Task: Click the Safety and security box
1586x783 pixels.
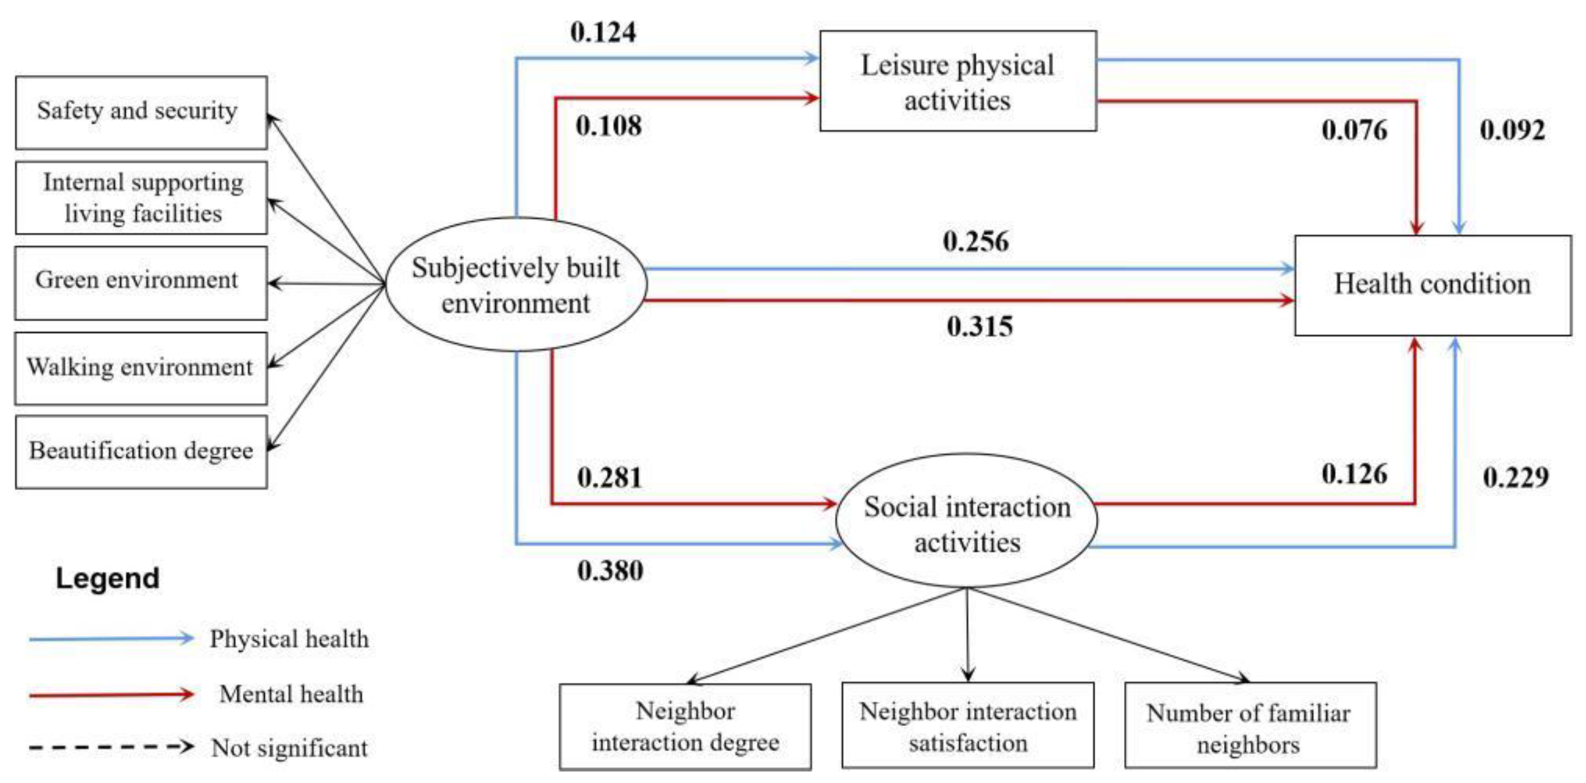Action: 141,113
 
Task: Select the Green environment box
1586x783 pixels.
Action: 141,283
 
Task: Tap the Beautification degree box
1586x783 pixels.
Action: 141,452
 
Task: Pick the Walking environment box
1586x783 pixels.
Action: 141,368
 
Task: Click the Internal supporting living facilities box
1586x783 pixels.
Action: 141,198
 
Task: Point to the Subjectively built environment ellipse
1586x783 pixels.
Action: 516,285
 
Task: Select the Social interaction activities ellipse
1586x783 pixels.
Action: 966,521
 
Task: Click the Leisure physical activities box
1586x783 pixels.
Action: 957,81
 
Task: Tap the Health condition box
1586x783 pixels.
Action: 1432,285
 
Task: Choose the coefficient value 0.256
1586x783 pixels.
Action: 975,242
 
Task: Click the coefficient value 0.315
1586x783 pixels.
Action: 979,326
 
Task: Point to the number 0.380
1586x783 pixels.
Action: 609,571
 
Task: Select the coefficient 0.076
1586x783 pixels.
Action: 1353,130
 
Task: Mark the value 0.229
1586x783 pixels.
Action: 1516,478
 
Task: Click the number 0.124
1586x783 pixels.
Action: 603,32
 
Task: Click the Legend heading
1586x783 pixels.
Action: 108,578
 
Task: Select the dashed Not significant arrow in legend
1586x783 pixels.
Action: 111,747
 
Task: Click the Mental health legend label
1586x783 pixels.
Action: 291,694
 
